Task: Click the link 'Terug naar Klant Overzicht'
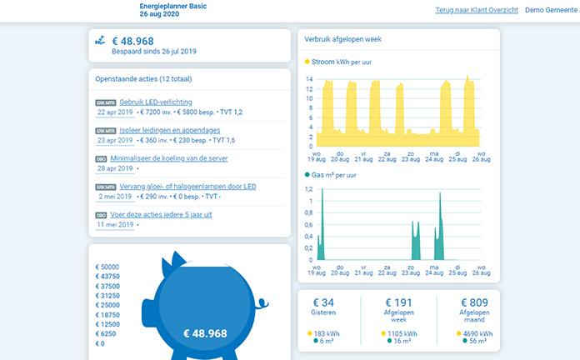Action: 477,10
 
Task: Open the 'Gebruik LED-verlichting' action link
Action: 155,102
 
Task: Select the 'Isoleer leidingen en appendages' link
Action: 169,130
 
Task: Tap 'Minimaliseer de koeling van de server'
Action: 168,158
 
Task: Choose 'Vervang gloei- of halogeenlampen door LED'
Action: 187,187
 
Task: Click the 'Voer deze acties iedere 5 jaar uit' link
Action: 161,215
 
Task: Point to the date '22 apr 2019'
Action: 115,112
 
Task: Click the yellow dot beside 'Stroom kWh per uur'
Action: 307,62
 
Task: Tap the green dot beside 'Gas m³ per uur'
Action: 307,175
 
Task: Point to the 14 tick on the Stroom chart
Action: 309,79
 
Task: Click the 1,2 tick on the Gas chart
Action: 308,189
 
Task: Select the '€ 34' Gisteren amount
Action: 323,302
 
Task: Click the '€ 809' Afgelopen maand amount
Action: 474,302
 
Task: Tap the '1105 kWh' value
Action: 402,333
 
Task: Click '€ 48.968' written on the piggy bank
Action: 205,333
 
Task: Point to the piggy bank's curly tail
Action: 262,304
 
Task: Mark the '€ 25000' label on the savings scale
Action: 107,305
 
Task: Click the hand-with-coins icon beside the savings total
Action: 100,40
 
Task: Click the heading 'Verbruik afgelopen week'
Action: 342,39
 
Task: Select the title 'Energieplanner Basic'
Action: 173,6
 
